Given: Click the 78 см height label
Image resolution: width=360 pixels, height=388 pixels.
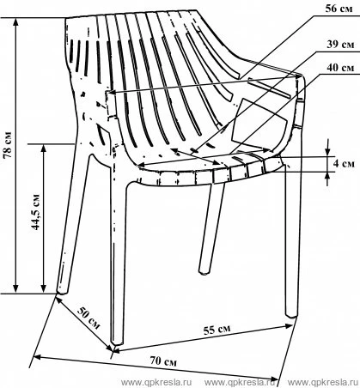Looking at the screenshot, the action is pyautogui.click(x=8, y=145).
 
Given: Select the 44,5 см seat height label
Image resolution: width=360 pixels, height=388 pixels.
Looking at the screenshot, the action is pyautogui.click(x=35, y=212).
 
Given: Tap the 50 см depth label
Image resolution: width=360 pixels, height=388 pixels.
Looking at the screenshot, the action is pyautogui.click(x=89, y=318).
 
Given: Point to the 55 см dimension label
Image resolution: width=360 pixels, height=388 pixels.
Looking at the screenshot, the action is pyautogui.click(x=217, y=330).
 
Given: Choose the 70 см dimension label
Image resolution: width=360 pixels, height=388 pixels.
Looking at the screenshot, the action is pyautogui.click(x=163, y=361).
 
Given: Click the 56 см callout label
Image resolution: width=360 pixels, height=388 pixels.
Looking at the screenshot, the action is pyautogui.click(x=339, y=9).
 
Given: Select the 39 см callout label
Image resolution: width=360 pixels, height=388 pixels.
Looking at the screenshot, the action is pyautogui.click(x=340, y=45).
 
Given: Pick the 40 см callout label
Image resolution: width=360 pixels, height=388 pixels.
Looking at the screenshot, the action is pyautogui.click(x=340, y=68).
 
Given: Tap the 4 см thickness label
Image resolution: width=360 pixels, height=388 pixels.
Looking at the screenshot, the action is pyautogui.click(x=344, y=164).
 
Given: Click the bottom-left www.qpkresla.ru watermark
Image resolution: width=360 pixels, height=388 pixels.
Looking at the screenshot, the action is pyautogui.click(x=156, y=382).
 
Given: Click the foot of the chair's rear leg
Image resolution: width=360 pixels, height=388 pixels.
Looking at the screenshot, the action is pyautogui.click(x=204, y=271).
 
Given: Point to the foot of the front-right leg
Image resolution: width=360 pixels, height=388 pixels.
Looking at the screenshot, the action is pyautogui.click(x=292, y=314).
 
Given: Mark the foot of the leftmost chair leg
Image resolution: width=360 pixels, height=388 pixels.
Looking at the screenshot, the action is pyautogui.click(x=62, y=290).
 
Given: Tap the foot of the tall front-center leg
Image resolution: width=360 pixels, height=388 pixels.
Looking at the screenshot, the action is pyautogui.click(x=117, y=342).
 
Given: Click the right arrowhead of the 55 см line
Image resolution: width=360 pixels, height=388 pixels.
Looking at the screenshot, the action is pyautogui.click(x=289, y=326).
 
